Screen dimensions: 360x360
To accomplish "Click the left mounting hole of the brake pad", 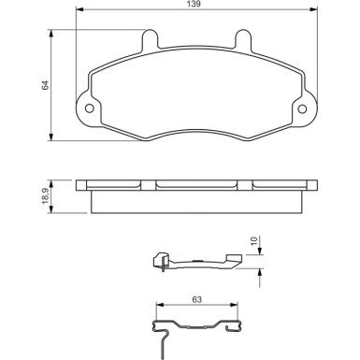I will pos(91,108).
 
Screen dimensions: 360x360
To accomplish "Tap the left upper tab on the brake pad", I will pos(148,39).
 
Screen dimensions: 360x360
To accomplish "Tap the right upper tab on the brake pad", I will pos(241,39).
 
